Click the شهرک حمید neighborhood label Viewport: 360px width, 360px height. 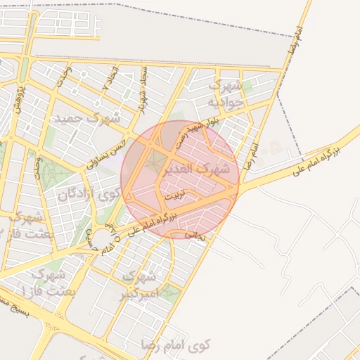(x=92, y=118)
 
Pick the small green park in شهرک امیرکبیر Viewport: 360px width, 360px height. (x=169, y=295)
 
